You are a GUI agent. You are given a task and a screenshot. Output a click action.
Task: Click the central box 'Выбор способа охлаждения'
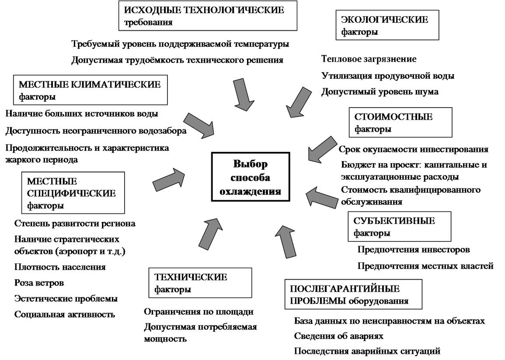[x=251, y=177]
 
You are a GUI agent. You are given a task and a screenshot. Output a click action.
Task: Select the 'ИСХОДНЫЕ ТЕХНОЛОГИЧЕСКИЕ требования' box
[x=208, y=16]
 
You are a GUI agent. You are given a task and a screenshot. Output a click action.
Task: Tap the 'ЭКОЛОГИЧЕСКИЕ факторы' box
[x=387, y=25]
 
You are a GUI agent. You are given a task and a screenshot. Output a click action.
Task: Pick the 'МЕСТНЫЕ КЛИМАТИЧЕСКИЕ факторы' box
[x=90, y=90]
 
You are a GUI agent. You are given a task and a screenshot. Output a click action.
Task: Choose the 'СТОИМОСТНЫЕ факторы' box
[x=401, y=122]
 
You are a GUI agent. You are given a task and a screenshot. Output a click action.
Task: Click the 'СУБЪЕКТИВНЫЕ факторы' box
[x=399, y=227]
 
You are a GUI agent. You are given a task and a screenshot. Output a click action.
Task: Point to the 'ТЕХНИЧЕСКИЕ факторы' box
[x=200, y=283]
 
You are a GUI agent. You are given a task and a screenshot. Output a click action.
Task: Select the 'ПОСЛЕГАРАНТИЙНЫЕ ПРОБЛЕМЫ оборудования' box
[x=353, y=294]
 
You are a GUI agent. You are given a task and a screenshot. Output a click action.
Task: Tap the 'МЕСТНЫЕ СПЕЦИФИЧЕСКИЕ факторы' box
[x=73, y=193]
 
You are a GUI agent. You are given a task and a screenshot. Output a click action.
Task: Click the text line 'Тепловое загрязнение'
[x=369, y=59]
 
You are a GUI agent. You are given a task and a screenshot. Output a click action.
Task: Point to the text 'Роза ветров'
[x=39, y=283]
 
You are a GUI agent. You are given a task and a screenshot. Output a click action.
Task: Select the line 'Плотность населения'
[x=60, y=267]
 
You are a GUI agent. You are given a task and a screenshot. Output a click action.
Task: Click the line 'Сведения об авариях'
[x=338, y=336]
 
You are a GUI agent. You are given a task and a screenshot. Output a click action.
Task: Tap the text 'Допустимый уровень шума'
[x=380, y=92]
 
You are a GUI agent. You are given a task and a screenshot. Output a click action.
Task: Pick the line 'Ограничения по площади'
[x=199, y=311]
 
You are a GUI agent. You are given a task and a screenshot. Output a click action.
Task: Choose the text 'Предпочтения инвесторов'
[x=414, y=249]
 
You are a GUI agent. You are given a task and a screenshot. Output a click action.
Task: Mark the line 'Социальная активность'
[x=64, y=314]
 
